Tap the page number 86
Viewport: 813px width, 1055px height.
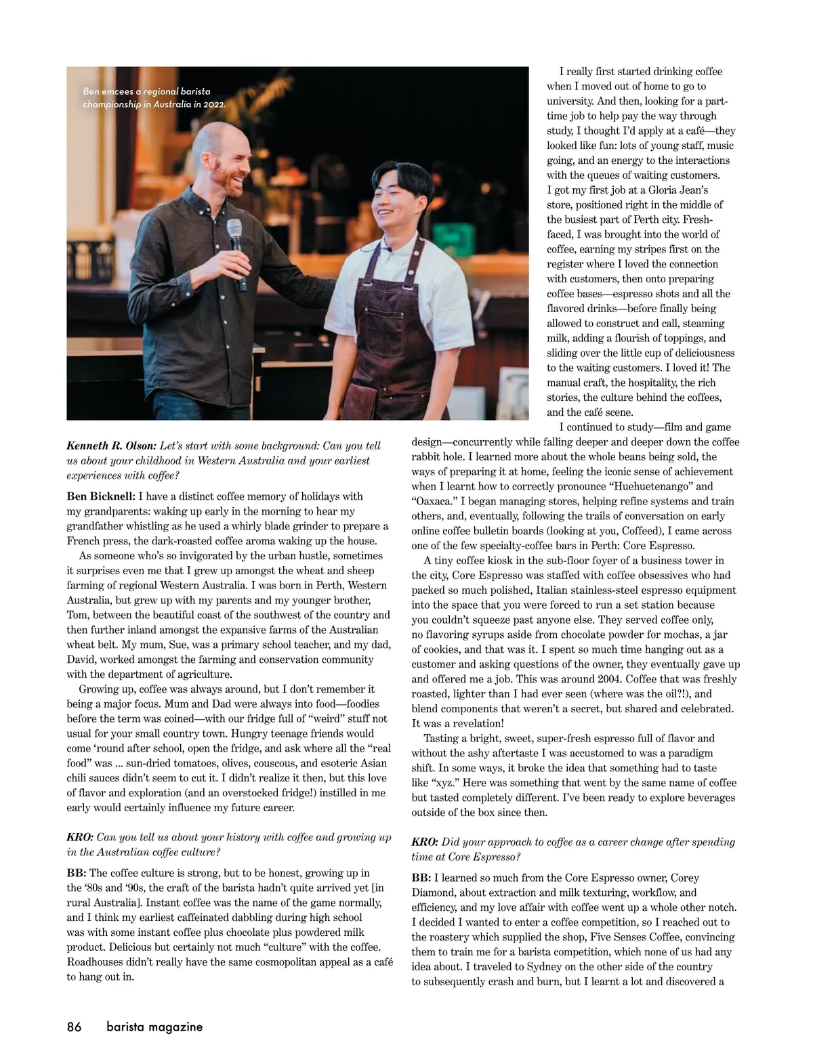tap(74, 1027)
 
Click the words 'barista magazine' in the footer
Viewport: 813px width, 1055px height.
tap(154, 1027)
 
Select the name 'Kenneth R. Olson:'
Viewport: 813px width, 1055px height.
tap(112, 446)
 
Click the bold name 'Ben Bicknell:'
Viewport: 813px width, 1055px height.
tap(100, 496)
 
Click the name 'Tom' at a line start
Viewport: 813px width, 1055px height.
tap(77, 615)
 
